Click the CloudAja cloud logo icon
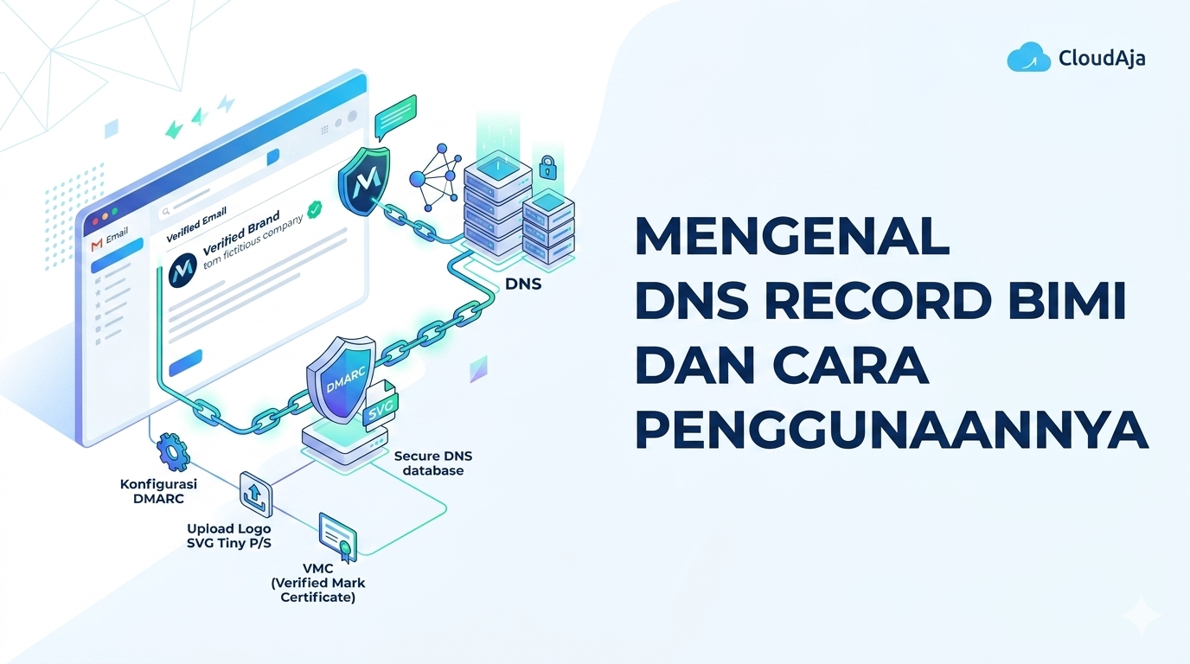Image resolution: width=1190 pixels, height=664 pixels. [x=1028, y=57]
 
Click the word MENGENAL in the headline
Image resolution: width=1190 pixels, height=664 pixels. [x=792, y=236]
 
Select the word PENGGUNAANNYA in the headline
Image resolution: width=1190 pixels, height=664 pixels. [x=892, y=430]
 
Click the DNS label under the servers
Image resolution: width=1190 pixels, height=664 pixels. [x=523, y=284]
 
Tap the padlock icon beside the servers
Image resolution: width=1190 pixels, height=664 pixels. [x=547, y=168]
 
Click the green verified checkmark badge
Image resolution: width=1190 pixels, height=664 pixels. [x=315, y=209]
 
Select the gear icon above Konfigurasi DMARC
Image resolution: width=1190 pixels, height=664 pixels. [x=173, y=452]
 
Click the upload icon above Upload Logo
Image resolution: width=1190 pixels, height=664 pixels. [x=255, y=494]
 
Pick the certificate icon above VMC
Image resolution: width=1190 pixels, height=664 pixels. [x=338, y=537]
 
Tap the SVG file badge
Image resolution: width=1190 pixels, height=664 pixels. [x=381, y=407]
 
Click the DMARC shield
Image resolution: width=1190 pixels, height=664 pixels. [x=341, y=379]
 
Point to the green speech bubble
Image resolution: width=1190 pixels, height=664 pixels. [x=395, y=117]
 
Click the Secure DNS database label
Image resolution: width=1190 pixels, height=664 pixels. [x=433, y=463]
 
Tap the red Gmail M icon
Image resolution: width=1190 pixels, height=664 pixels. [x=97, y=245]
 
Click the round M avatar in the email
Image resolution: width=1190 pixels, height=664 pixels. [x=182, y=271]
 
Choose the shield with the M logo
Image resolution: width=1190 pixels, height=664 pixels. [x=365, y=180]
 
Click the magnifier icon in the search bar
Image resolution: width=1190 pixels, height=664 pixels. [x=166, y=212]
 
